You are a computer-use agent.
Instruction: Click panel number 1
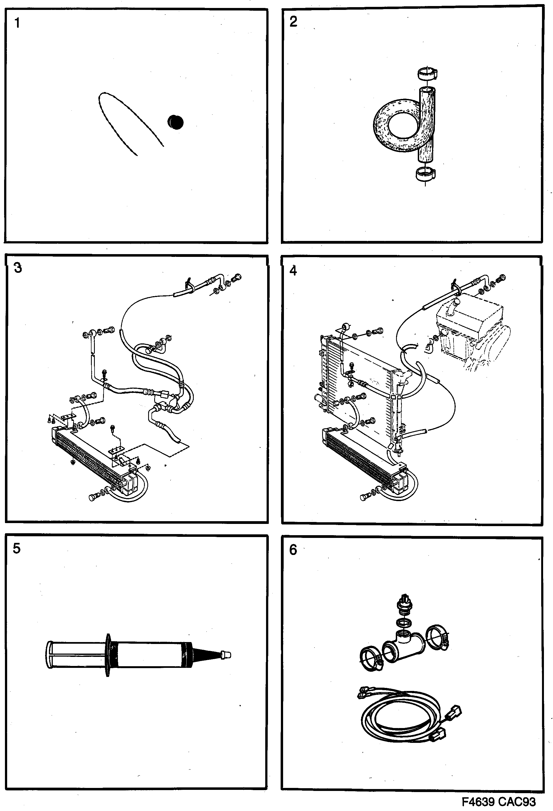(x=17, y=23)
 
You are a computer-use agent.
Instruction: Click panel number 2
(x=293, y=22)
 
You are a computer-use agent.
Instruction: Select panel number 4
(x=293, y=270)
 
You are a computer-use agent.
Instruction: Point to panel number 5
(x=16, y=549)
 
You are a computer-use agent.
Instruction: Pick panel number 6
(x=293, y=550)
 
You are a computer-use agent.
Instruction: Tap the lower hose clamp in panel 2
(x=425, y=173)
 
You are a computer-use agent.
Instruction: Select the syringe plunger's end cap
(x=49, y=655)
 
